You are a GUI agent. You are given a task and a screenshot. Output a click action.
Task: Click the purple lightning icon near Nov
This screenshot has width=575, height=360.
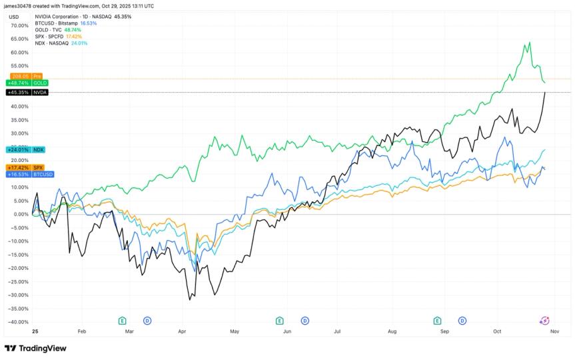(544, 321)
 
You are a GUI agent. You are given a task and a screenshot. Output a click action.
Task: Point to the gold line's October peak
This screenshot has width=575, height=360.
(530, 43)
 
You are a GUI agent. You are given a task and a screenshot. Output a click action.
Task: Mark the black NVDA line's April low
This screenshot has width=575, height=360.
(189, 299)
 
